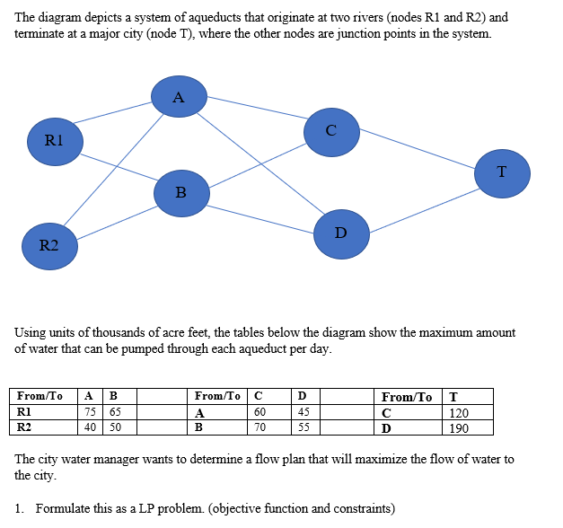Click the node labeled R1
(x=55, y=139)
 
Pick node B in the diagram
(x=180, y=192)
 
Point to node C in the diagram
(x=331, y=131)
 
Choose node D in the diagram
(x=340, y=233)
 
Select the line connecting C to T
(x=417, y=151)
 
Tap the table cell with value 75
(x=90, y=413)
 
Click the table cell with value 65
(x=115, y=413)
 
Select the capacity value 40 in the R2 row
(x=90, y=427)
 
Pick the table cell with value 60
(x=260, y=413)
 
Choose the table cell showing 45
(x=303, y=413)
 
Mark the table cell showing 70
(x=260, y=427)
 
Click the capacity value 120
(x=458, y=413)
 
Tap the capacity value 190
(x=458, y=427)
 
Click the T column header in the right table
(x=453, y=397)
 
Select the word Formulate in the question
(x=64, y=509)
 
